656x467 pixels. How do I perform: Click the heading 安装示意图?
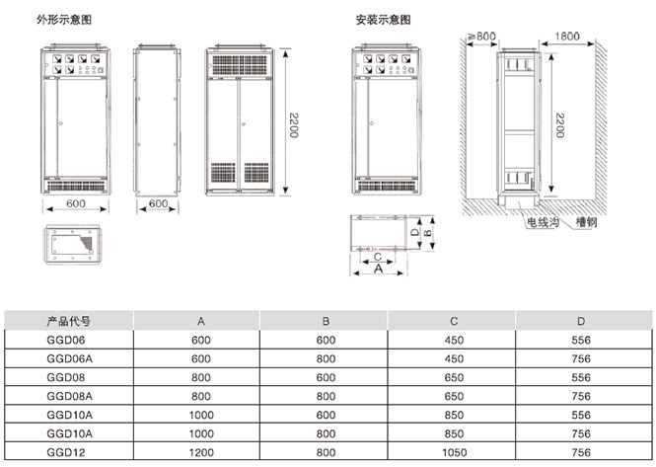pos(383,19)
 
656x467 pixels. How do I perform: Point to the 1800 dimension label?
pos(565,37)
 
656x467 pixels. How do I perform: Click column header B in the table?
pos(325,321)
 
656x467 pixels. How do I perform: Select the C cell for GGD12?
pos(454,451)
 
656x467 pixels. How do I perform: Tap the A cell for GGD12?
pos(201,451)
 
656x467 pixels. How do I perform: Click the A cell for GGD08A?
pos(201,395)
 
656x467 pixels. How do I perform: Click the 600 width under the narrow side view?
pos(156,204)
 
